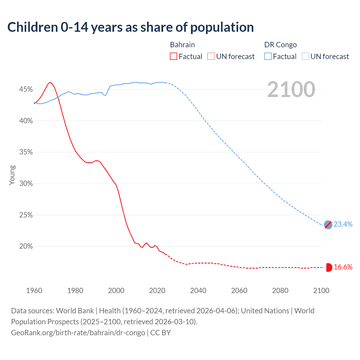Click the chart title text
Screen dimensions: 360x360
(130, 27)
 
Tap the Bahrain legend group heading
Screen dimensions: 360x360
(182, 45)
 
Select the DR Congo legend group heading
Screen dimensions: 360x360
(280, 45)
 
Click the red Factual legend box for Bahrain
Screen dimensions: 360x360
(174, 57)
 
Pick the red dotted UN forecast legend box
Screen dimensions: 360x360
(211, 57)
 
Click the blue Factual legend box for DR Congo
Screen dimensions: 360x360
(268, 57)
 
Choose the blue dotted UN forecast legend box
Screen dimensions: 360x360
(305, 57)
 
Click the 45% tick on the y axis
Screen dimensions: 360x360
(26, 89)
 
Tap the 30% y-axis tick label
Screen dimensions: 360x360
(26, 184)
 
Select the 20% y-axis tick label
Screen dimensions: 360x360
(26, 246)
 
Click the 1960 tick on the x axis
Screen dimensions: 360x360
(34, 291)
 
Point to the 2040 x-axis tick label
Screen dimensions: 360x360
(198, 291)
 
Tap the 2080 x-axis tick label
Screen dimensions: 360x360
(280, 291)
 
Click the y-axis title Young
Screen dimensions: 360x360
(12, 175)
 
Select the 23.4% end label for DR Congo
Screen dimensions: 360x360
(343, 224)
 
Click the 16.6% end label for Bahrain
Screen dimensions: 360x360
(343, 267)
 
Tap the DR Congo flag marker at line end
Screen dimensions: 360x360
(328, 224)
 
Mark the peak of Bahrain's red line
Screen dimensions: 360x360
(50, 82)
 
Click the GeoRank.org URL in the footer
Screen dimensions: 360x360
(78, 333)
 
